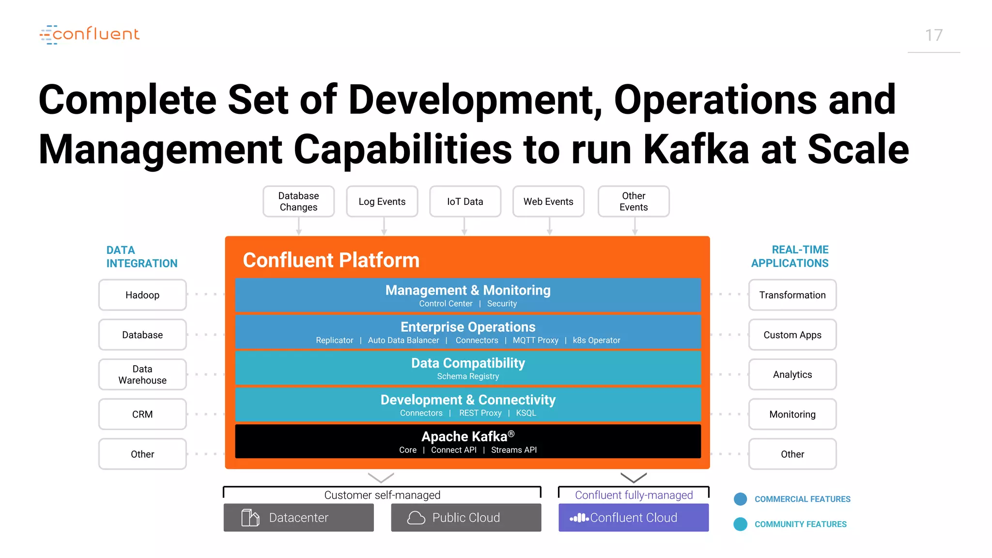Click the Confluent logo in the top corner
click(x=90, y=34)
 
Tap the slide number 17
click(x=933, y=35)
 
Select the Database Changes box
click(x=298, y=201)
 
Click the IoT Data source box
click(x=465, y=201)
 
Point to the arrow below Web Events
click(x=549, y=226)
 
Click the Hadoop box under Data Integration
click(x=142, y=295)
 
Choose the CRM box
click(x=142, y=414)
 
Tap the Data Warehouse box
click(x=142, y=374)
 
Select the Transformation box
click(x=792, y=295)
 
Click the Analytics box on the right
click(x=792, y=374)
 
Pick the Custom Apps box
click(x=792, y=335)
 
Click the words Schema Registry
click(x=468, y=376)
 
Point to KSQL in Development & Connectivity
click(x=526, y=413)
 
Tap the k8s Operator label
click(x=596, y=341)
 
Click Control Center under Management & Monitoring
click(x=446, y=304)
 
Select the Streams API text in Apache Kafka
click(x=514, y=450)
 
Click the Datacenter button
click(x=298, y=517)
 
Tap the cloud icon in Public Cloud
click(x=416, y=518)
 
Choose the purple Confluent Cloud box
click(x=634, y=517)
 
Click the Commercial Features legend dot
click(x=740, y=499)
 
